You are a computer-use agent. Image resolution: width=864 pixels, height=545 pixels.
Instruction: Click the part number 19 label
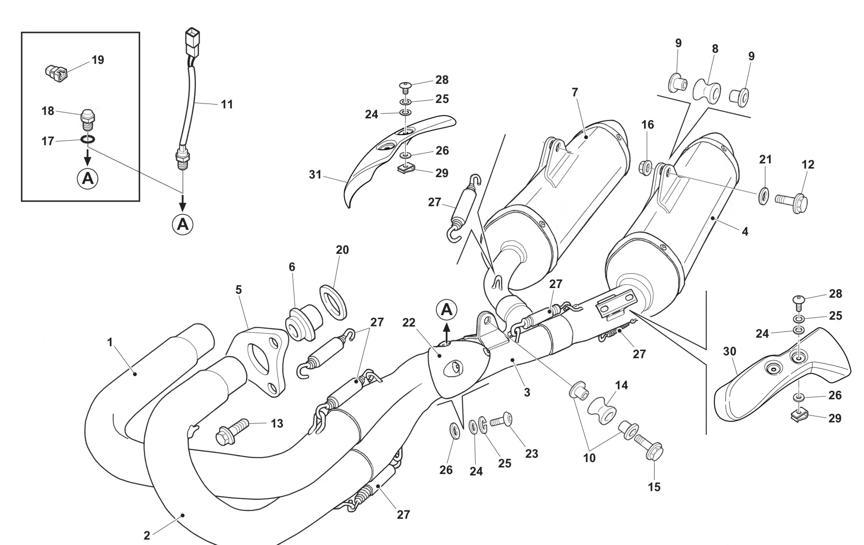[x=98, y=60]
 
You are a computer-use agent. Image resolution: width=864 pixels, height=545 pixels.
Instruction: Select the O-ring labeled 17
[x=88, y=139]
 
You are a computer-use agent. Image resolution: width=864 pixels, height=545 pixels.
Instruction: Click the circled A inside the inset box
[x=88, y=178]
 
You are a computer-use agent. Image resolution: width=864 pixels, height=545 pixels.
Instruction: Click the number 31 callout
[x=315, y=174]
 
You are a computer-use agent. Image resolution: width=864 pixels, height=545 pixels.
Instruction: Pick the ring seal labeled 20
[x=334, y=302]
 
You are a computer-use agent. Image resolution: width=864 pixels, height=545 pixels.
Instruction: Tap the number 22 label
[x=409, y=323]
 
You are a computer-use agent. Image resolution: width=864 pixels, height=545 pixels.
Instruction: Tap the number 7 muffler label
[x=575, y=92]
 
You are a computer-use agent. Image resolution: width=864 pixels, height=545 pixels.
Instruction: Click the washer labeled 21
[x=763, y=196]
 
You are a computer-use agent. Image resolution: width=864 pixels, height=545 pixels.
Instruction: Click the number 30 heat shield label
[x=730, y=352]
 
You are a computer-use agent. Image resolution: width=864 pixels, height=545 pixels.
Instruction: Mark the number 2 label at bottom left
[x=147, y=535]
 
